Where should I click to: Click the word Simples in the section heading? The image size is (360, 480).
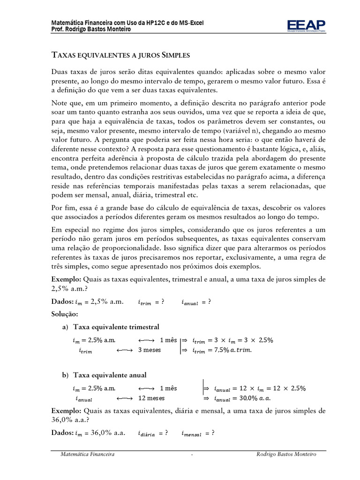[x=175, y=55]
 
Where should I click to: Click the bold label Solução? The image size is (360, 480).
[x=65, y=314]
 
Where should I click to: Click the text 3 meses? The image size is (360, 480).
[x=150, y=350]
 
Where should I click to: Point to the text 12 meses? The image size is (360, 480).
[x=152, y=398]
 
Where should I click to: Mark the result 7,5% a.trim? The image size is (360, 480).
[x=233, y=350]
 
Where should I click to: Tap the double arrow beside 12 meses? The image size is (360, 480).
[x=124, y=398]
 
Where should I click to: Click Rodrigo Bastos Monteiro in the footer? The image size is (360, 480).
[x=286, y=454]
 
